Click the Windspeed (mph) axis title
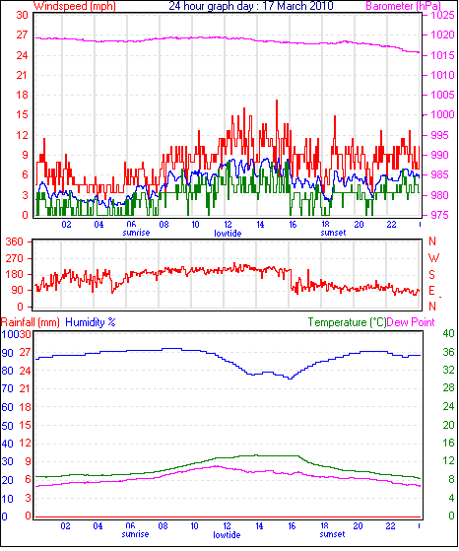coord(75,6)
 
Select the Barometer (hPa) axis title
coord(403,6)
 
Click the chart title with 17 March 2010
coord(251,6)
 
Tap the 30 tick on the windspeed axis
coord(22,15)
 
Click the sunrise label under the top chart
coord(136,233)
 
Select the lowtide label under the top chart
coord(228,234)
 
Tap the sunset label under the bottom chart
coord(332,534)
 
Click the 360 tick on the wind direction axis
coord(15,241)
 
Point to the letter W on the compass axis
coord(433,258)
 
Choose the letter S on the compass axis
coord(432,274)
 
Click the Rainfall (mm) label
coord(31,322)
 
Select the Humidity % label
coord(91,322)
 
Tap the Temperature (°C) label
coord(347,322)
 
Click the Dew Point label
coord(411,322)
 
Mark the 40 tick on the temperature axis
coord(449,333)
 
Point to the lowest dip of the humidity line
coord(290,379)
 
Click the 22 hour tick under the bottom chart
coord(390,526)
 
